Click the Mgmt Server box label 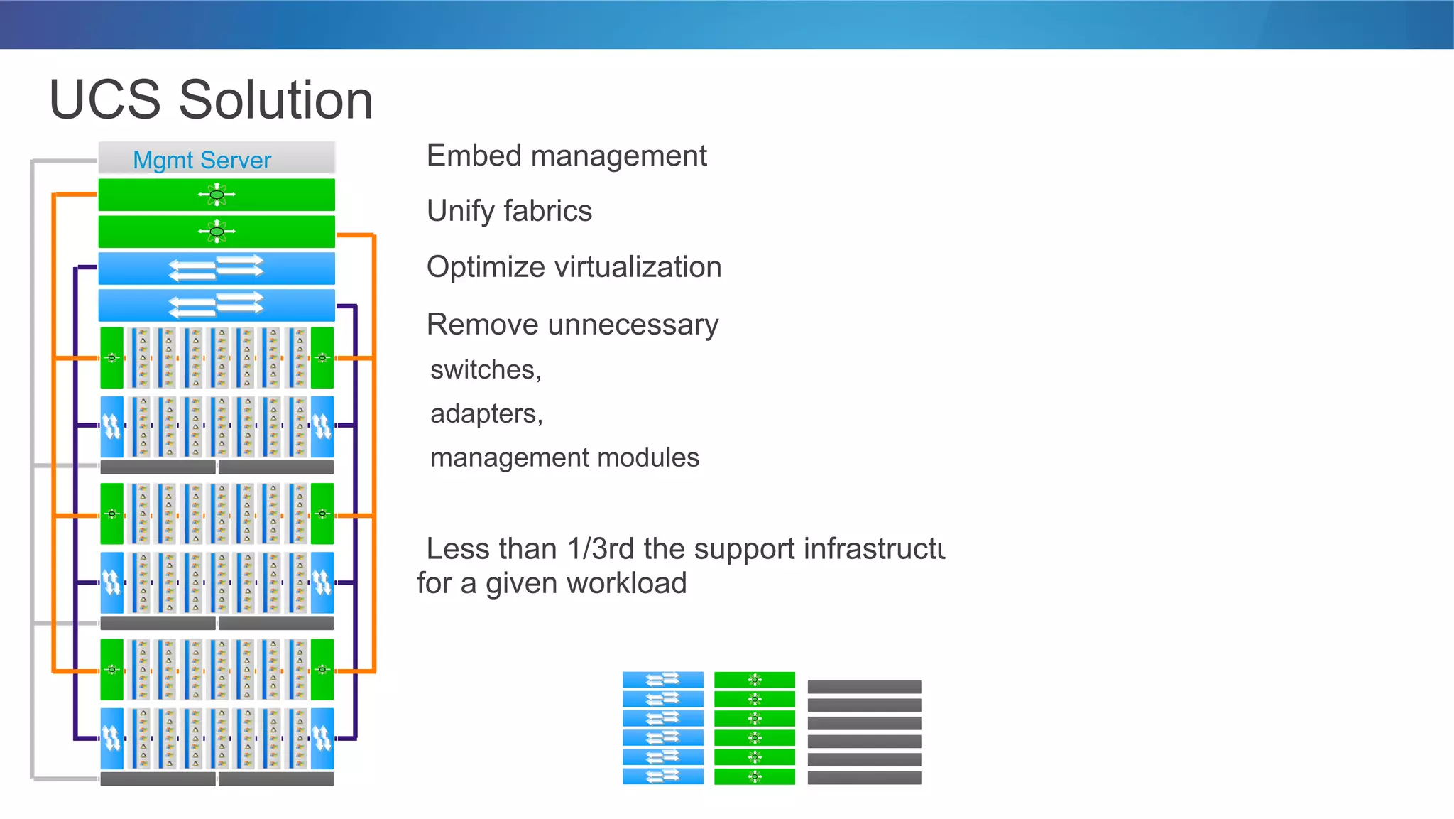pyautogui.click(x=202, y=160)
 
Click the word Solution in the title pyautogui.click(x=275, y=100)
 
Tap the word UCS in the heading pyautogui.click(x=105, y=100)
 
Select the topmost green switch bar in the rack pyautogui.click(x=217, y=195)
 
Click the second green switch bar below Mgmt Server pyautogui.click(x=217, y=232)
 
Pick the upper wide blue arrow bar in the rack pyautogui.click(x=217, y=269)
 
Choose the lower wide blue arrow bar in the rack pyautogui.click(x=217, y=305)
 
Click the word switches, pyautogui.click(x=486, y=370)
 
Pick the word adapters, pyautogui.click(x=486, y=414)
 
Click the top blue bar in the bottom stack pyautogui.click(x=662, y=680)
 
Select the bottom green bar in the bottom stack pyautogui.click(x=754, y=776)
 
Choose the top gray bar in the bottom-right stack pyautogui.click(x=864, y=687)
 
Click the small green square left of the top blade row pyautogui.click(x=111, y=358)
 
